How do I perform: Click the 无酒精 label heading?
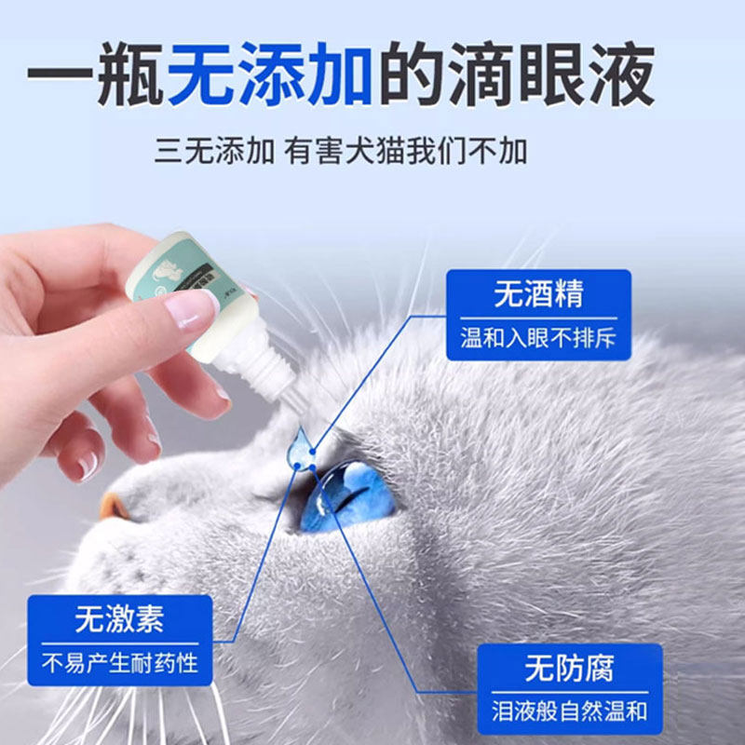pos(538,294)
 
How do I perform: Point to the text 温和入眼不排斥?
pos(538,338)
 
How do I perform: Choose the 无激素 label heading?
pos(119,619)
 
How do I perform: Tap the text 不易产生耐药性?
pos(119,663)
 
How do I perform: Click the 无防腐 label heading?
pos(569,668)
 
